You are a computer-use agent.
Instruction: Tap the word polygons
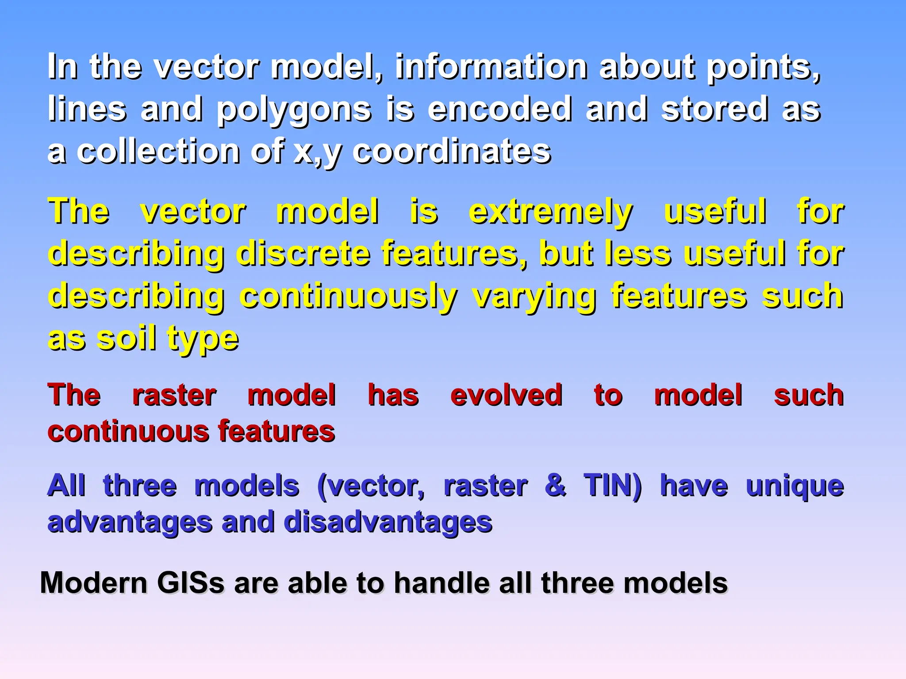pyautogui.click(x=294, y=110)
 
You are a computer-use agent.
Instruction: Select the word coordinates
pyautogui.click(x=451, y=152)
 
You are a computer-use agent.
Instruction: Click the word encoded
pyautogui.click(x=499, y=109)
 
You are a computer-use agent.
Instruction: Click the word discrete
pyautogui.click(x=303, y=254)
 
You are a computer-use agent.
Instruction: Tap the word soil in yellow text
pyautogui.click(x=127, y=339)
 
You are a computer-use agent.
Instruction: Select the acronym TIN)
pyautogui.click(x=612, y=486)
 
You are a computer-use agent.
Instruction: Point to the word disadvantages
pyautogui.click(x=388, y=523)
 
